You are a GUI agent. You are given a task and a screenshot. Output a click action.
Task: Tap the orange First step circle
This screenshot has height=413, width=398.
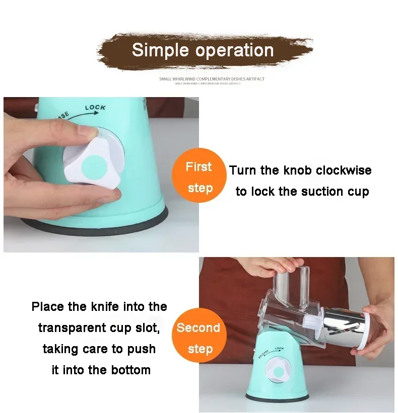click(x=200, y=177)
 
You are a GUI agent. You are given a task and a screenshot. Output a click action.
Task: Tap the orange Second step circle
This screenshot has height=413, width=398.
click(x=198, y=338)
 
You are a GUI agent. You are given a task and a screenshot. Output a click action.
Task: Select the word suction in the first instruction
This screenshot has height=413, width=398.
click(x=320, y=192)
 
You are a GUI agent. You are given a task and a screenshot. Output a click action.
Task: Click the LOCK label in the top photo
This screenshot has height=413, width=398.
click(x=95, y=108)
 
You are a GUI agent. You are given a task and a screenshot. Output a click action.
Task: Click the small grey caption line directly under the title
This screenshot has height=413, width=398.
click(x=212, y=79)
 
